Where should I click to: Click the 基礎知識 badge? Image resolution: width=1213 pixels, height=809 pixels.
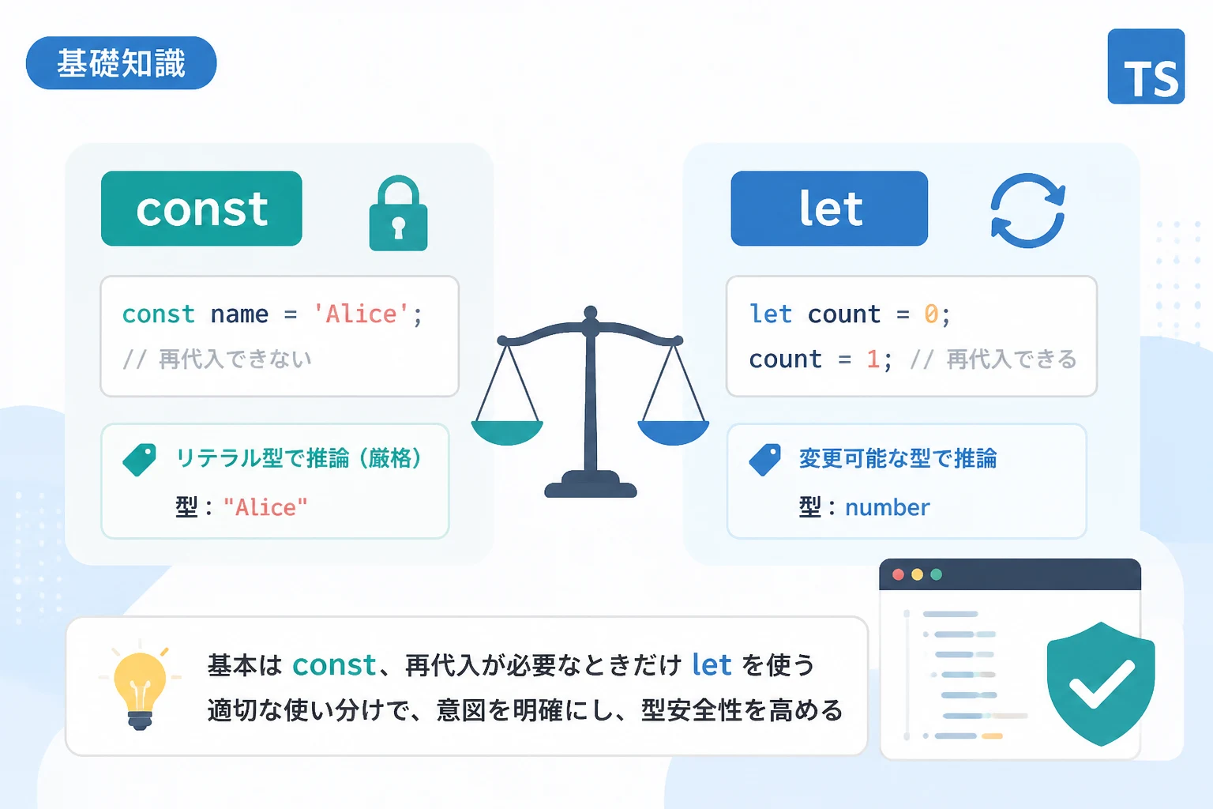122,63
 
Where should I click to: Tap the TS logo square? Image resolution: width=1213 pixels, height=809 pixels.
1146,66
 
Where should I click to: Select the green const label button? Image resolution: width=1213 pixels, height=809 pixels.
201,209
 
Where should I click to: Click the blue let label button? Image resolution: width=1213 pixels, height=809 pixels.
829,209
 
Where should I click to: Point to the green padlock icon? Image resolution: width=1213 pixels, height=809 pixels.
398,213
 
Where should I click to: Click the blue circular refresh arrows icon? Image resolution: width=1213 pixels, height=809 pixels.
1027,210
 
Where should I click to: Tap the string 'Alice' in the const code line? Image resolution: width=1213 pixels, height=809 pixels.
361,314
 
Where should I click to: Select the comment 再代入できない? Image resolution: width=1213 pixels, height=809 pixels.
235,359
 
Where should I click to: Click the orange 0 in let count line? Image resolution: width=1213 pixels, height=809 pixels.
931,314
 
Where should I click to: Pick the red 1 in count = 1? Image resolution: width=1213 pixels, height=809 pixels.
873,359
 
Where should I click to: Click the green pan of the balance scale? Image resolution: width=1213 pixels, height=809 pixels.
508,432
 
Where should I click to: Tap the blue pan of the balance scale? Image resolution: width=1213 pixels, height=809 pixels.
674,432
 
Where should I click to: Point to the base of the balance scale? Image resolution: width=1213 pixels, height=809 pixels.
591,485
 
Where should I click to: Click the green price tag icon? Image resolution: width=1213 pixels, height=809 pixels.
140,460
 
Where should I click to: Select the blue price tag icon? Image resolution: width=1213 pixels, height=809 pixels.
764,460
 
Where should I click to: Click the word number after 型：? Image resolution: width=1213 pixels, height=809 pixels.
888,508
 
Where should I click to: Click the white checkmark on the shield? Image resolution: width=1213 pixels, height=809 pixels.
1102,684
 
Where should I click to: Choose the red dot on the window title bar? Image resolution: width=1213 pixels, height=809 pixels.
898,574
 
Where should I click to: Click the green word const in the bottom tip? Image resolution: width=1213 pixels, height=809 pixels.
334,665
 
